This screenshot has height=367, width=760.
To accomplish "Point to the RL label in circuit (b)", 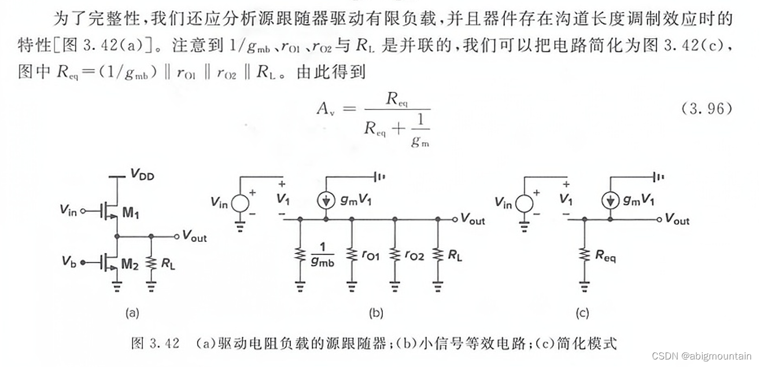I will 455,255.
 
